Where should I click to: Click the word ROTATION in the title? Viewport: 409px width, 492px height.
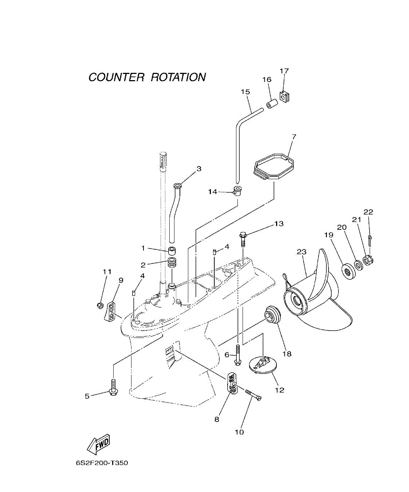point(178,77)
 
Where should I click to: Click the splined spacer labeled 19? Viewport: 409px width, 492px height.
point(348,271)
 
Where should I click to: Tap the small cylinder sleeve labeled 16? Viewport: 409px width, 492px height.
point(273,104)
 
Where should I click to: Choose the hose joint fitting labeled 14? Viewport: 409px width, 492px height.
point(238,190)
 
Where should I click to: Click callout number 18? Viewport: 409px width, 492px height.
point(287,354)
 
